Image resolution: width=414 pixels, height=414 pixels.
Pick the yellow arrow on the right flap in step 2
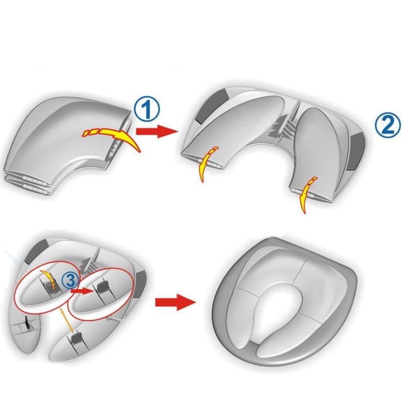coord(307,194)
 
